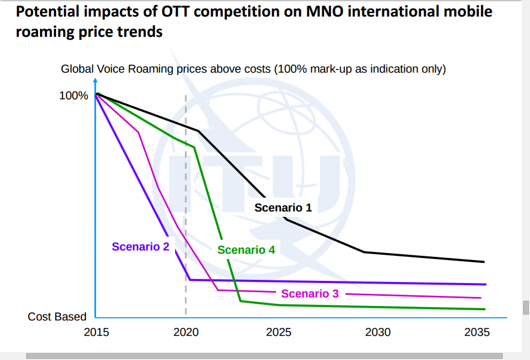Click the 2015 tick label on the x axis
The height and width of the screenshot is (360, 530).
click(x=96, y=332)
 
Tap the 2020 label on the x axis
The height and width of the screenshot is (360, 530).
click(x=186, y=332)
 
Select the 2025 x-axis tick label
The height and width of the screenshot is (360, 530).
click(x=279, y=332)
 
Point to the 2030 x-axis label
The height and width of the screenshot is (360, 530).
click(x=378, y=332)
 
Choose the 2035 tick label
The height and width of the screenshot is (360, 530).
click(x=477, y=332)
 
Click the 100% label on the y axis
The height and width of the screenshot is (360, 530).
click(x=74, y=96)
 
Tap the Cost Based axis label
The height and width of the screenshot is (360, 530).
click(x=57, y=317)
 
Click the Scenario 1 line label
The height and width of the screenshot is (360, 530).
click(x=283, y=207)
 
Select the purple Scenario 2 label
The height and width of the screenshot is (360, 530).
click(x=140, y=246)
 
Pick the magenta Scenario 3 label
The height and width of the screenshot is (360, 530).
click(x=310, y=293)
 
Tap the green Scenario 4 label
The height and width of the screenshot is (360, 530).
click(x=246, y=249)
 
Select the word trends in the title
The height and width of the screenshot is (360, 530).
click(x=140, y=32)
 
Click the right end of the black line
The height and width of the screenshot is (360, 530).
click(x=484, y=262)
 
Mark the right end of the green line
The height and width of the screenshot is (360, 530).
click(x=484, y=309)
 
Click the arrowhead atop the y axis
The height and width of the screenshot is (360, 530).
click(x=95, y=81)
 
